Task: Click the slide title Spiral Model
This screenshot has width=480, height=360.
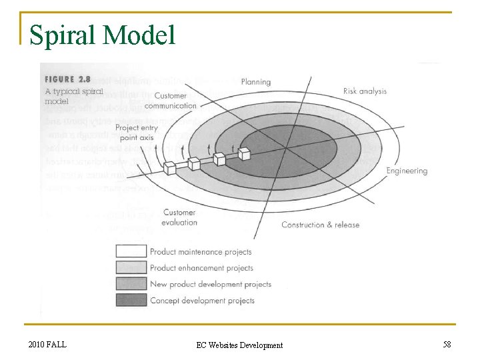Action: click(102, 34)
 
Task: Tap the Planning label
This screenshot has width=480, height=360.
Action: click(256, 82)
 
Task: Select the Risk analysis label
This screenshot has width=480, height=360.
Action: click(365, 91)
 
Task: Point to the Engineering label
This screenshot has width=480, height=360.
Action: click(407, 171)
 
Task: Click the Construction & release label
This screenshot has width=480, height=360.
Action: click(320, 225)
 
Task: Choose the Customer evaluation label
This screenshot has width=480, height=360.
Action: click(179, 217)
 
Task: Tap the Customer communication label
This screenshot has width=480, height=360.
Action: click(171, 101)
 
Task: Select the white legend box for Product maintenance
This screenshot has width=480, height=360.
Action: click(131, 251)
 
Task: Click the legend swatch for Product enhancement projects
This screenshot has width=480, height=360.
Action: click(131, 268)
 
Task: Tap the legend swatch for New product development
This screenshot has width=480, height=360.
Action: click(131, 284)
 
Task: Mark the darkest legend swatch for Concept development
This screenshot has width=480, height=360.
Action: click(131, 301)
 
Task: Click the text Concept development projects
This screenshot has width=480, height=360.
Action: click(202, 301)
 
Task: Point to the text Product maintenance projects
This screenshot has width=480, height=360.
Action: click(201, 252)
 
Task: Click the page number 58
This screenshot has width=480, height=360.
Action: click(447, 344)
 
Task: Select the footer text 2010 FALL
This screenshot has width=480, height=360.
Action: click(47, 344)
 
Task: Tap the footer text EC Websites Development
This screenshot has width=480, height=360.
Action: click(239, 345)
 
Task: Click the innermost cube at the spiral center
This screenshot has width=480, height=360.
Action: click(244, 155)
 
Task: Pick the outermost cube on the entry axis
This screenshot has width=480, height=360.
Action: click(171, 169)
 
